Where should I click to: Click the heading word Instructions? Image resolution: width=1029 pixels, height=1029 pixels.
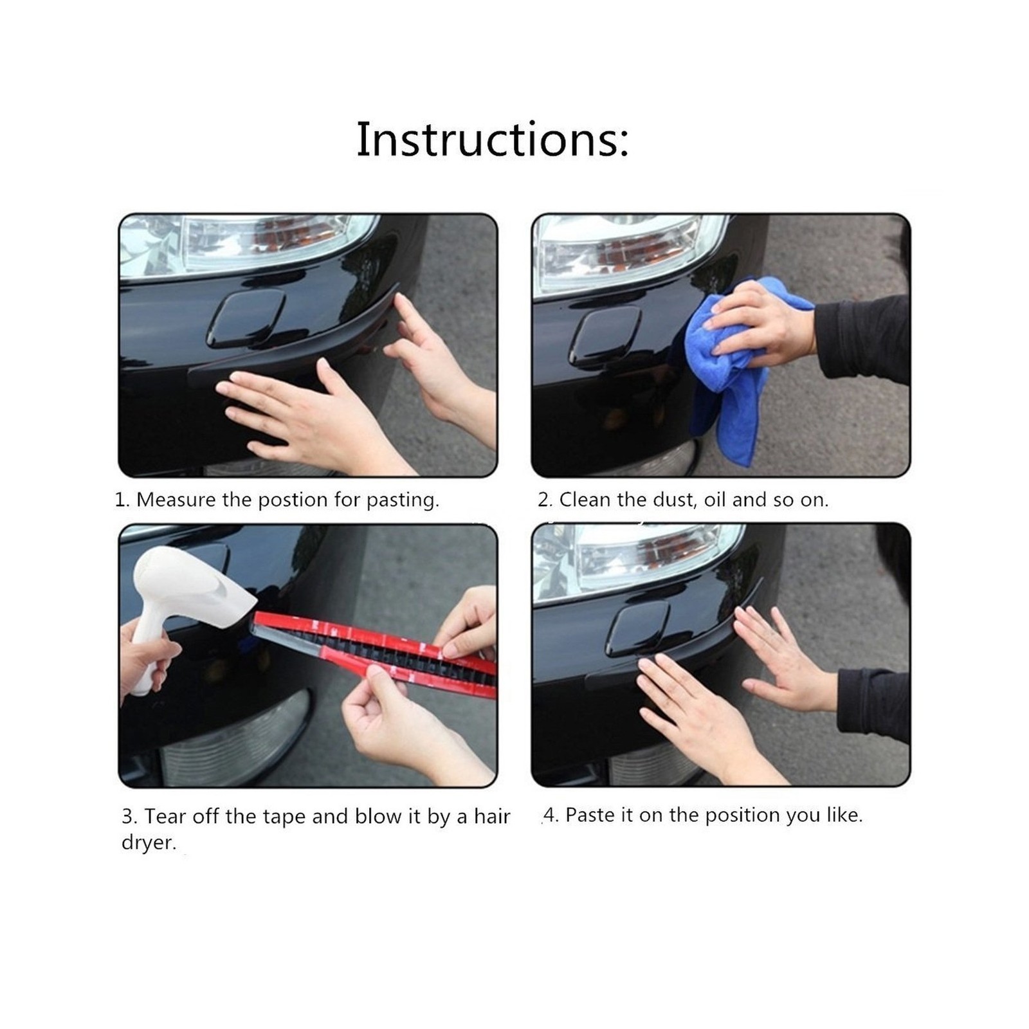493,139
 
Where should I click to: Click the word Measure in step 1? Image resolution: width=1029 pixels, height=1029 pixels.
176,500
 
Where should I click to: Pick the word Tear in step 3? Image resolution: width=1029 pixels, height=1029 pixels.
166,816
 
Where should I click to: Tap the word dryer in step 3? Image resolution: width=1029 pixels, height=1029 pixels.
149,843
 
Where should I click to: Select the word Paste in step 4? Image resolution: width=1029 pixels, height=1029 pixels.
590,815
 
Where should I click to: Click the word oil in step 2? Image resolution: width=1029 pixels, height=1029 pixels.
715,500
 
